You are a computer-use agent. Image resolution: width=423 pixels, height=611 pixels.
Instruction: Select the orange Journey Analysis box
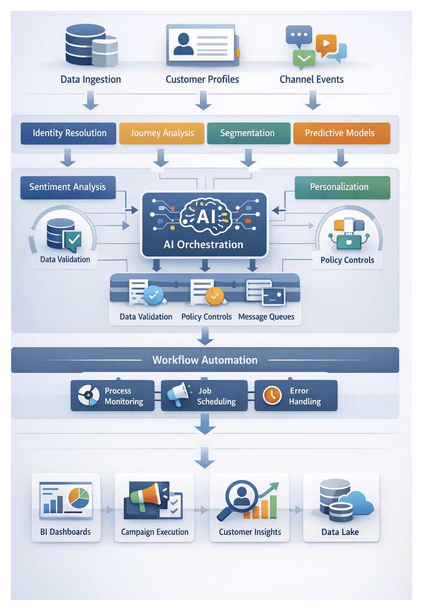tap(161, 133)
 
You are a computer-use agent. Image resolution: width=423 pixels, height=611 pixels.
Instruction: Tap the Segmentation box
tap(247, 133)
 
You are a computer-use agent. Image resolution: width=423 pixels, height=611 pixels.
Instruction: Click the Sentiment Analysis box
tap(67, 187)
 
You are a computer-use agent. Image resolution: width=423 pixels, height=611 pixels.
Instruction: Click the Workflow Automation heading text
tap(205, 360)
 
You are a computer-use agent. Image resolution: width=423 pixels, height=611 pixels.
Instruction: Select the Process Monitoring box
tap(115, 396)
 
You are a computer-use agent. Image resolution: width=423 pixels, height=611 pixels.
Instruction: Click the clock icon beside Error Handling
tap(272, 395)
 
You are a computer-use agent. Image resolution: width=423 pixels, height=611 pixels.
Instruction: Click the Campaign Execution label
tap(155, 532)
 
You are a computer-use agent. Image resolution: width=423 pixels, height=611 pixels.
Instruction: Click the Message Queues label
tap(266, 317)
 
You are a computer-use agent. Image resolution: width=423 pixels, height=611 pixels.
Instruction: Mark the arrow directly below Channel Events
tap(312, 99)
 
